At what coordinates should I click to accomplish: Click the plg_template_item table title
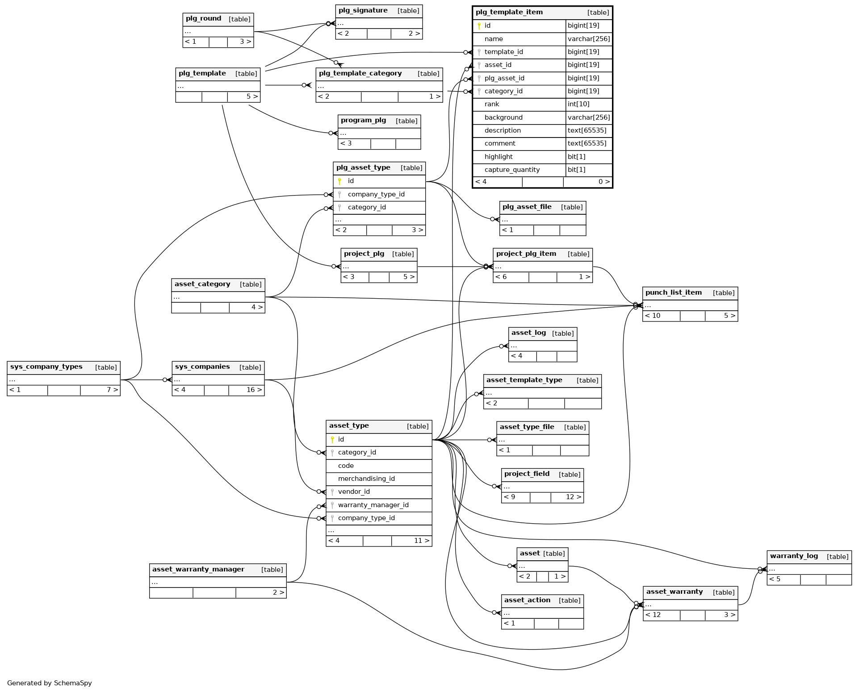[x=509, y=13]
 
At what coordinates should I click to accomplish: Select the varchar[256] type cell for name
[x=588, y=39]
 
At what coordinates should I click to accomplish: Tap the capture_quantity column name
[x=512, y=170]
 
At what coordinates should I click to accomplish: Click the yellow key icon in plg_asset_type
[x=339, y=181]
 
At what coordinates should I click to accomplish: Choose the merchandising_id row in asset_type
[x=366, y=479]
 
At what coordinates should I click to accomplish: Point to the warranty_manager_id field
[x=373, y=505]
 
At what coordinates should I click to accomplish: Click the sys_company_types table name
[x=46, y=367]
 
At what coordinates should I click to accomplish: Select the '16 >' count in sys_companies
[x=254, y=390]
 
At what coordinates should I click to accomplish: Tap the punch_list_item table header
[x=673, y=293]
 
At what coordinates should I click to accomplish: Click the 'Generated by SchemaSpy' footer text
[x=50, y=683]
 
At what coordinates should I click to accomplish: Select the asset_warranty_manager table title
[x=198, y=570]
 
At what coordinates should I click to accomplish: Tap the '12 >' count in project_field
[x=573, y=497]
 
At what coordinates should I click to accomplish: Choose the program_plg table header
[x=363, y=121]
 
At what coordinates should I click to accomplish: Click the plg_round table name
[x=203, y=19]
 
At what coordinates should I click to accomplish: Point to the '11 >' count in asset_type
[x=421, y=541]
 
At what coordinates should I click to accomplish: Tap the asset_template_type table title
[x=524, y=380]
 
